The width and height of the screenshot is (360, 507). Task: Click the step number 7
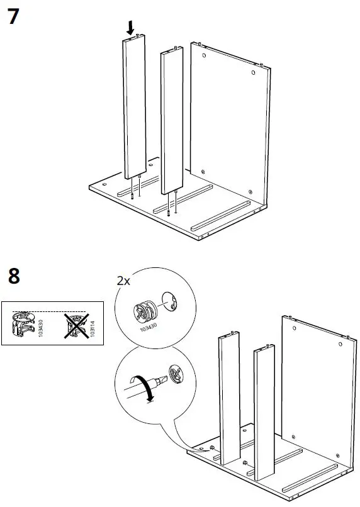[x=13, y=16]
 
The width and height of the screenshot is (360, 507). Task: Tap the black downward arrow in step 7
[x=130, y=28]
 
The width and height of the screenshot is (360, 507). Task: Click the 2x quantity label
[x=123, y=281]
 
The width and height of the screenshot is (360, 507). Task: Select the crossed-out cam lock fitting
[x=76, y=326]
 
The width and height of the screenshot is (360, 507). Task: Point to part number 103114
[x=93, y=328]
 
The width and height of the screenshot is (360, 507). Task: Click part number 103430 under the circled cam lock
[x=149, y=327]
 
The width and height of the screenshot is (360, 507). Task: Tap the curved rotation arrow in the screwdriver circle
[x=143, y=386]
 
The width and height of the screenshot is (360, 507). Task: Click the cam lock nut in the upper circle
[x=145, y=312]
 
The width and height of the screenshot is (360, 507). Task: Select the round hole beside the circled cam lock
[x=170, y=302]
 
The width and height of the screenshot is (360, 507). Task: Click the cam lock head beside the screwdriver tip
[x=176, y=374]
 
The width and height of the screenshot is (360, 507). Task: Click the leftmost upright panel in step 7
[x=134, y=107]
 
